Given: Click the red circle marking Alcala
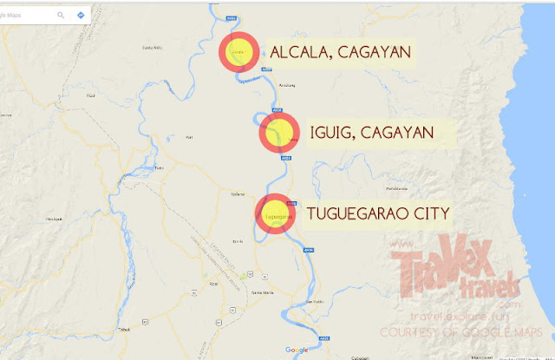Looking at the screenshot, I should tap(237, 53).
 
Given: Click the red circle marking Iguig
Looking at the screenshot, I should tap(278, 134).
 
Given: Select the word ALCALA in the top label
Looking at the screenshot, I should tap(299, 52).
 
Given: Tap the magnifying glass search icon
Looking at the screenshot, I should tap(62, 15).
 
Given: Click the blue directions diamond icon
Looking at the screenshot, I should tap(81, 15).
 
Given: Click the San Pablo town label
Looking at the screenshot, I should tap(316, 301).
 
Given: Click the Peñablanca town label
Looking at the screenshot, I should tap(397, 187).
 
